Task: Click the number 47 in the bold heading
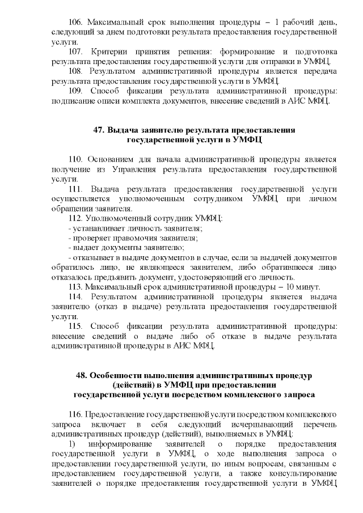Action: point(98,130)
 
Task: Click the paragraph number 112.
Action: point(76,219)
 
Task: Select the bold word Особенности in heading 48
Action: point(118,376)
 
